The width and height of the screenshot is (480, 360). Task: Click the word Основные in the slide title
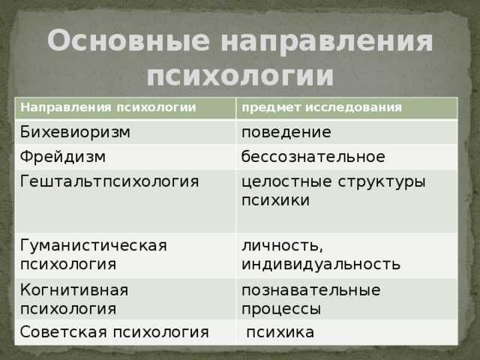(x=129, y=40)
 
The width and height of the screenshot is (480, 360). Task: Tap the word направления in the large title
(x=327, y=43)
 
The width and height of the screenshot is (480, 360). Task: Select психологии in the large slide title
(x=240, y=75)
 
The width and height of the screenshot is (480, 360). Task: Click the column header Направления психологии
(x=108, y=107)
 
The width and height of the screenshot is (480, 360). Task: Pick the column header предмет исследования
(x=322, y=108)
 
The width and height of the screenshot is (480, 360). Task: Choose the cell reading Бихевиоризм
(x=75, y=132)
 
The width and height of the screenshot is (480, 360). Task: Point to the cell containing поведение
(x=286, y=133)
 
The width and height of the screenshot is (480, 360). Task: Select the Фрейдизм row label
(x=63, y=157)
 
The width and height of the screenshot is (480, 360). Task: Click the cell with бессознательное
(x=313, y=157)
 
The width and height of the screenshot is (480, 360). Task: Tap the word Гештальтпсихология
(x=109, y=181)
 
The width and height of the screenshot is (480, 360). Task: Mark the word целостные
(x=286, y=181)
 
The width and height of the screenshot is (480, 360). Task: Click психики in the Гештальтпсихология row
(x=275, y=200)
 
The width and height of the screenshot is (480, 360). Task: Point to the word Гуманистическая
(x=94, y=245)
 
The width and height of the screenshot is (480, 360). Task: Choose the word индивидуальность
(x=321, y=265)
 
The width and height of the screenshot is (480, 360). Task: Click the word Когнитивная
(x=74, y=289)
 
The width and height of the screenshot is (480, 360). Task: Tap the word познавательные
(x=311, y=290)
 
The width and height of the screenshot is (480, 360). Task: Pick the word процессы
(x=281, y=309)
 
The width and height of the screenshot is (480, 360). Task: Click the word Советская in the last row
(x=64, y=332)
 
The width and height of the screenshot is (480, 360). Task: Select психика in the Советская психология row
(x=280, y=332)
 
